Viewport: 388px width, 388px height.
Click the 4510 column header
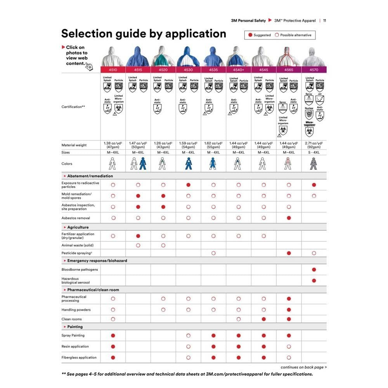click(x=113, y=70)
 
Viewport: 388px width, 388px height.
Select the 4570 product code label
click(x=314, y=70)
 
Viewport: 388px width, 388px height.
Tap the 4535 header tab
click(x=213, y=70)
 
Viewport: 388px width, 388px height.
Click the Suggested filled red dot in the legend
click(x=250, y=35)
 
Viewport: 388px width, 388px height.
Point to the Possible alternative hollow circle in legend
click(x=277, y=35)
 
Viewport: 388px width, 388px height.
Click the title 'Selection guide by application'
click(x=144, y=33)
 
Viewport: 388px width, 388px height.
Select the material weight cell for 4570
click(x=314, y=145)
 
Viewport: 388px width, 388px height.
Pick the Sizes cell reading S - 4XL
click(x=314, y=152)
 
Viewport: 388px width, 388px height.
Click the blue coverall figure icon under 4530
click(x=188, y=164)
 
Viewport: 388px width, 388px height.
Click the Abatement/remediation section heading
click(x=90, y=176)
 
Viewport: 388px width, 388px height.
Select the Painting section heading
click(x=75, y=327)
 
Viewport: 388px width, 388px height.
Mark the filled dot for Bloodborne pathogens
click(x=314, y=269)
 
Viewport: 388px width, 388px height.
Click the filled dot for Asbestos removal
click(x=289, y=218)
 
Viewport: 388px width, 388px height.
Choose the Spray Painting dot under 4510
click(x=113, y=335)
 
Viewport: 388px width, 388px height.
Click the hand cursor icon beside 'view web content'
click(x=89, y=66)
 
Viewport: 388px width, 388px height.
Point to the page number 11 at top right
click(x=324, y=21)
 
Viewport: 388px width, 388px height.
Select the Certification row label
click(x=73, y=107)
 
